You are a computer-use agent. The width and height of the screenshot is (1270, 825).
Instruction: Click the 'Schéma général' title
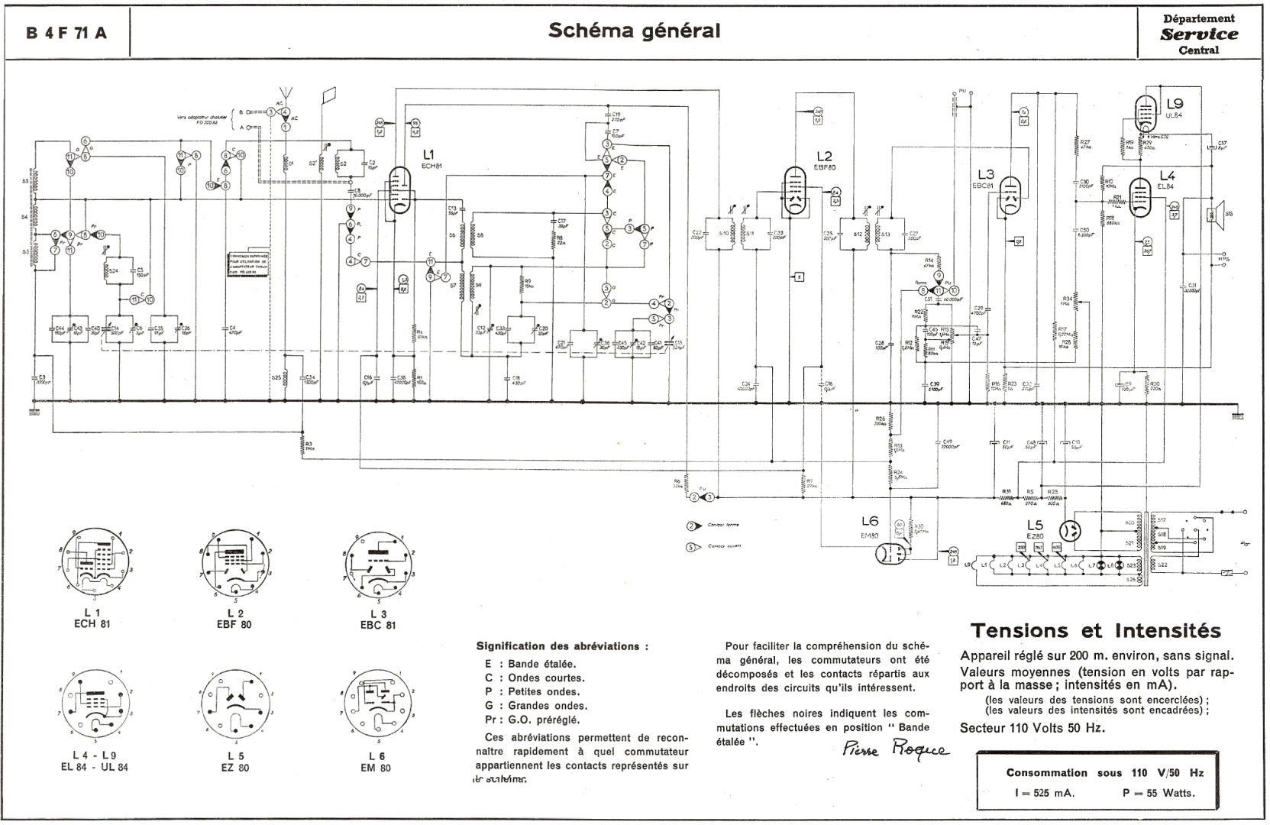pos(634,31)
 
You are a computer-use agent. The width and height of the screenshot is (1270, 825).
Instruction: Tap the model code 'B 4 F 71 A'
pos(66,34)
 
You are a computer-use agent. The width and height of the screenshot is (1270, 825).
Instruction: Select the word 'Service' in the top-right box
pos(1199,34)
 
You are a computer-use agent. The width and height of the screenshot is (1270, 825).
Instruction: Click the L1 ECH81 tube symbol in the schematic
pos(399,191)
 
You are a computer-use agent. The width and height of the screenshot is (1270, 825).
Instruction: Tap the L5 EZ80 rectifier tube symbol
pos(1073,532)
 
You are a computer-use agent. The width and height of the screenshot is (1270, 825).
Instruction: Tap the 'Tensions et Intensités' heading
pos(1095,631)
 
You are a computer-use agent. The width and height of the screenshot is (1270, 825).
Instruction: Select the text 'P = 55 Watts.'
pos(1159,793)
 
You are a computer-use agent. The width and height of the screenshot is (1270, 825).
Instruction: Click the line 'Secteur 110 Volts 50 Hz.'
pos(1032,728)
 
